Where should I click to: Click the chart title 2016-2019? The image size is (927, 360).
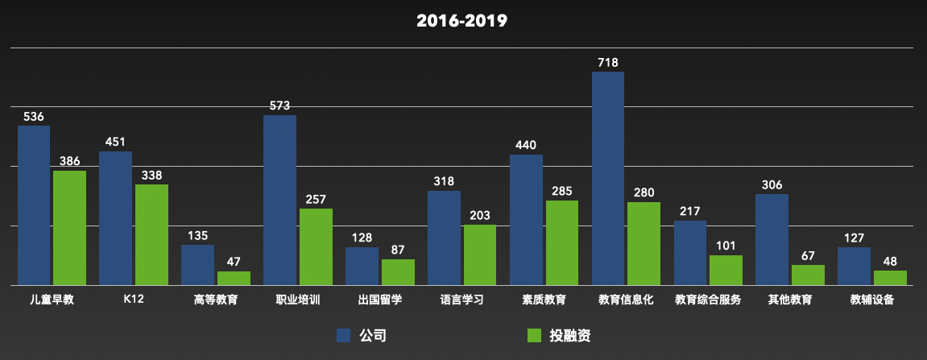coord(461,21)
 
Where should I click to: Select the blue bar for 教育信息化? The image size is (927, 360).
coord(608,179)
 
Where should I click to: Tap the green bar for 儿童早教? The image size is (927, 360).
coord(70,228)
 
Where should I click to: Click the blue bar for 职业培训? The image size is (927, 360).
coord(279,201)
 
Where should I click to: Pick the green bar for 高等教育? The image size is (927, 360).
coord(234,279)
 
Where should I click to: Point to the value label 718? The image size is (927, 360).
coord(608,62)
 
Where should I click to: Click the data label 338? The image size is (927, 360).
coord(151,176)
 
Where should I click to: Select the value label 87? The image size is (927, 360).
coord(398,250)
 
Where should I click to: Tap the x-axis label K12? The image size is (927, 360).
coord(134,300)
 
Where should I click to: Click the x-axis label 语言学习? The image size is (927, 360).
coord(461,300)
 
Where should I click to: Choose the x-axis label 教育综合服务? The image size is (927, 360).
coord(708,300)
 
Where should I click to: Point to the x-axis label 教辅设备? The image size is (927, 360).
coord(872,300)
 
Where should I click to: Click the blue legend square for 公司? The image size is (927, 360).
coord(344,336)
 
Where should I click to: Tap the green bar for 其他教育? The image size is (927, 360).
coord(808,275)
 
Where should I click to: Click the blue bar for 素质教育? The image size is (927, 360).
coord(526,220)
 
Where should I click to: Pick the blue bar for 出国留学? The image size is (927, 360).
coord(362,266)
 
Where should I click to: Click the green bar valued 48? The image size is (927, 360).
coord(890,278)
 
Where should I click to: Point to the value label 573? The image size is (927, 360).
coord(279,106)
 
